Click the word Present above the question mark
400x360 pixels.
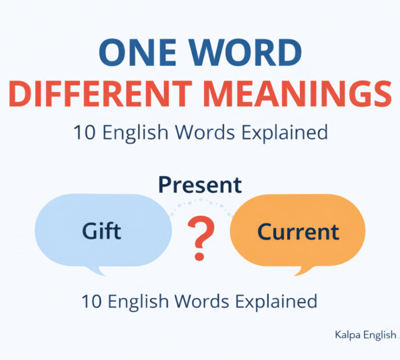point(199,185)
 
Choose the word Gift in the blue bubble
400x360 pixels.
point(101,231)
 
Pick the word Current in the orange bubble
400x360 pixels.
point(298,232)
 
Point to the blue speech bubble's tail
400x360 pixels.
point(101,270)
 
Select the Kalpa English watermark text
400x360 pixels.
point(365,335)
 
